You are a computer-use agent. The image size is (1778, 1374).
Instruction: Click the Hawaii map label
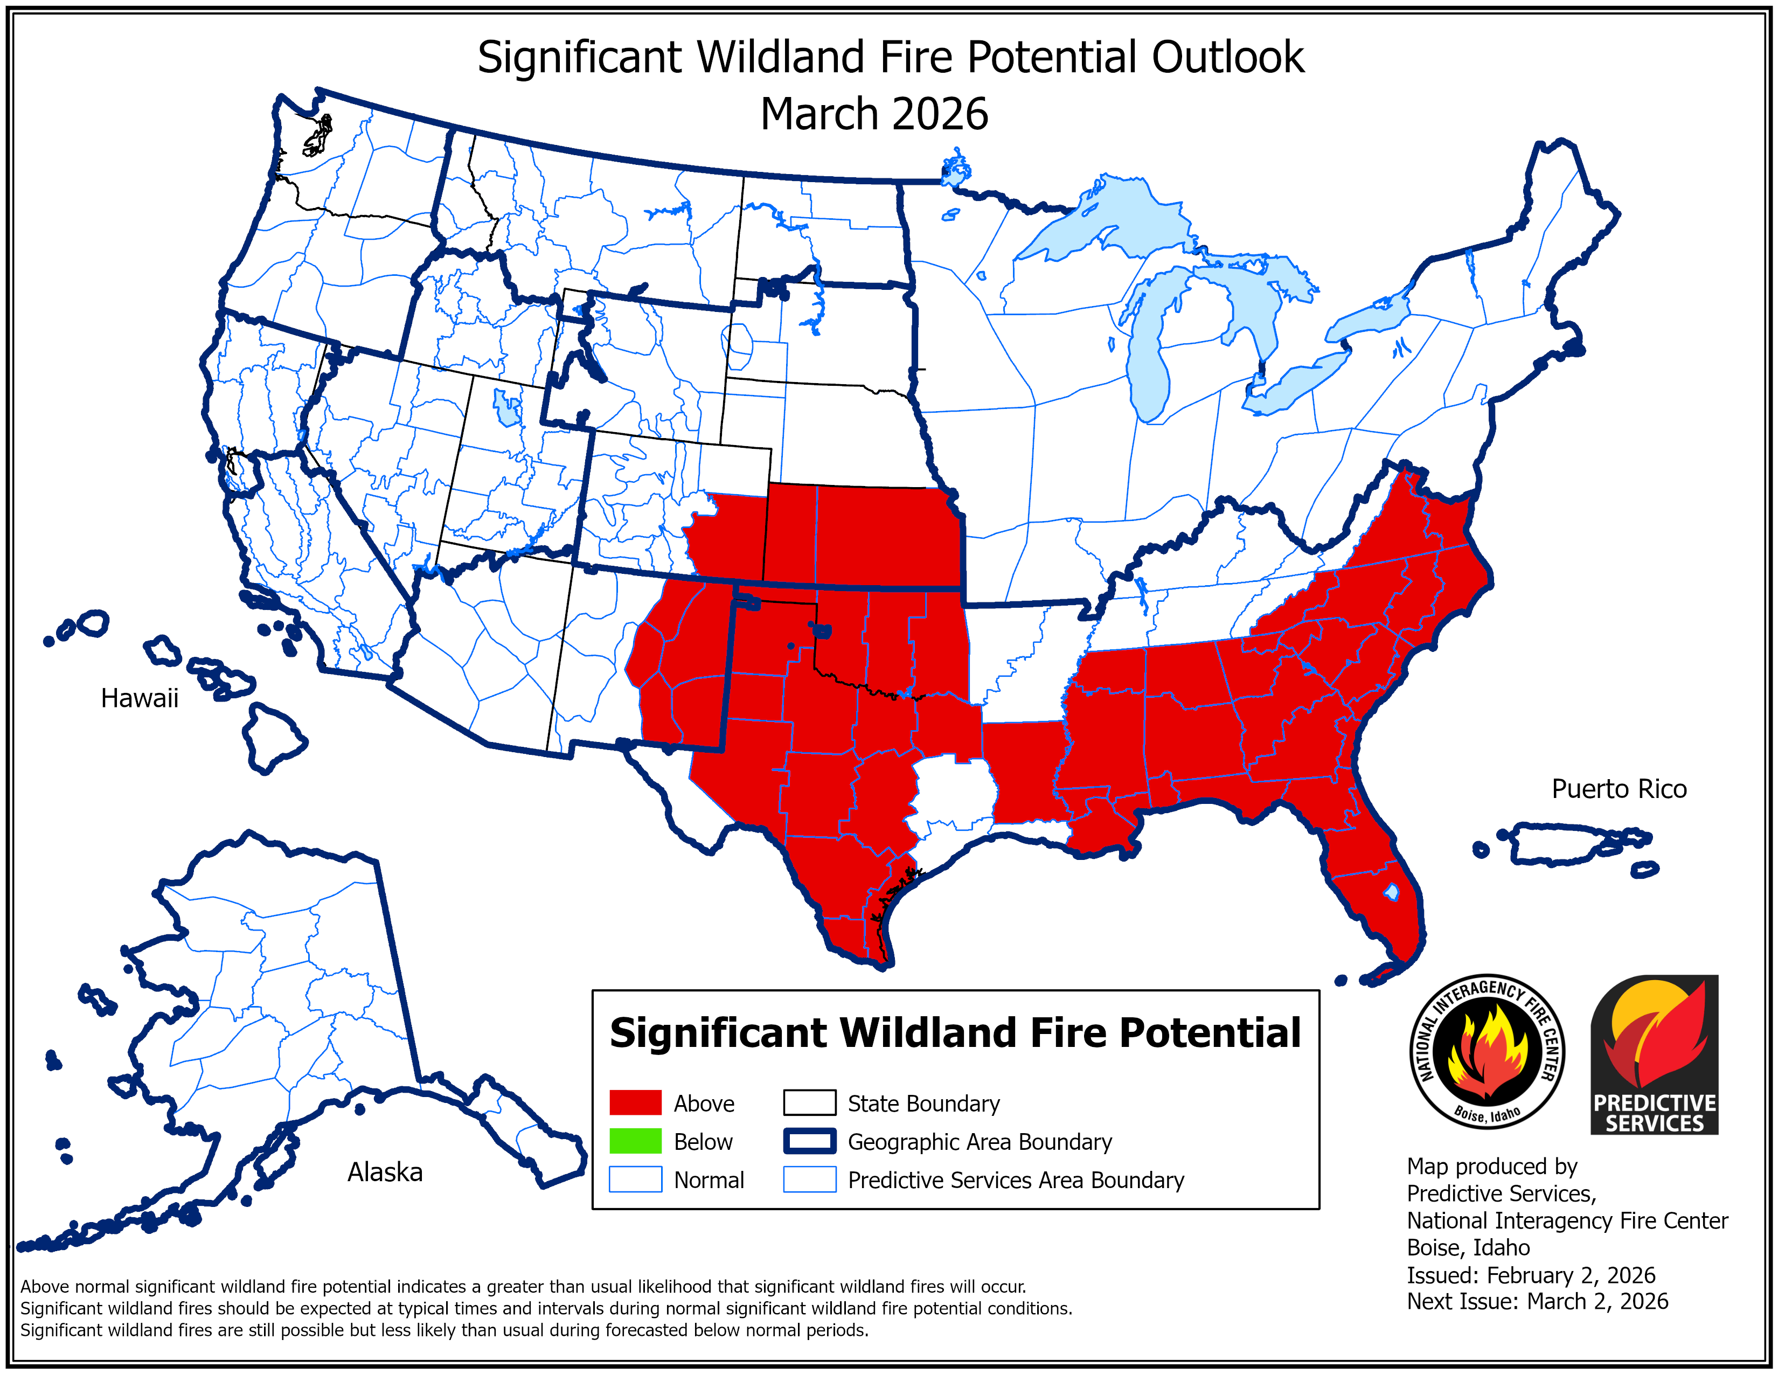click(139, 698)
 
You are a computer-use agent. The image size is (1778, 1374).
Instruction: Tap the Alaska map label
click(385, 1172)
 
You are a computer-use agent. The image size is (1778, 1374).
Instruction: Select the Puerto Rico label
click(1619, 789)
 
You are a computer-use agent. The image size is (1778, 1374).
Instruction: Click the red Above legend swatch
click(635, 1103)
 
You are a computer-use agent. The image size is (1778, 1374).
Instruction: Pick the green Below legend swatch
click(635, 1141)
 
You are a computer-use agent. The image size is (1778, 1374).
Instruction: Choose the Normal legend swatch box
click(635, 1179)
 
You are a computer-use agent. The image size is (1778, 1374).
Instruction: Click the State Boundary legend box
click(809, 1103)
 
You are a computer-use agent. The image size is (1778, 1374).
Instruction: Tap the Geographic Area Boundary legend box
click(809, 1141)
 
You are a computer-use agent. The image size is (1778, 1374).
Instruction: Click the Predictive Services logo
click(1654, 1055)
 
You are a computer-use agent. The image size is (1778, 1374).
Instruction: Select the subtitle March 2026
click(873, 114)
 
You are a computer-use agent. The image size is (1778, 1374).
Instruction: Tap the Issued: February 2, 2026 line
click(1531, 1275)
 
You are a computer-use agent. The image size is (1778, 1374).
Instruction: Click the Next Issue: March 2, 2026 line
click(1537, 1302)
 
